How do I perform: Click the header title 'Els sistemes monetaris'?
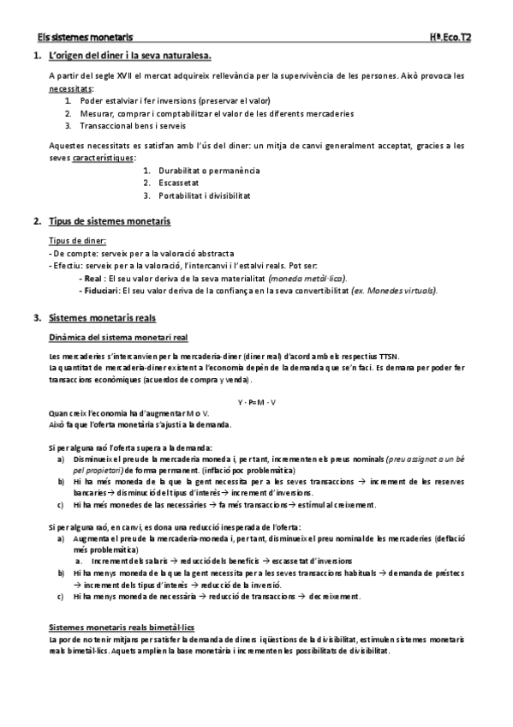85,38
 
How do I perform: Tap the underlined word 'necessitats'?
71,88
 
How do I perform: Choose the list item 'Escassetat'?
177,183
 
